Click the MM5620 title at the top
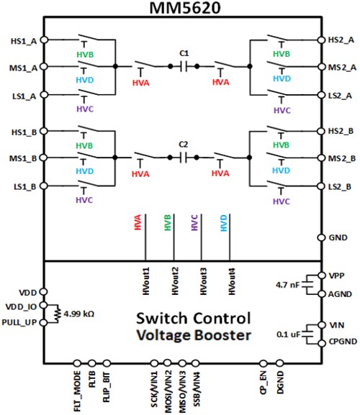pos(180,9)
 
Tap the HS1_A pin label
pos(16,40)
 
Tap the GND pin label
pos(338,237)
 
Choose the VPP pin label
pos(337,275)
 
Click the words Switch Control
pos(194,317)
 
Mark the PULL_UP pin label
pos(18,323)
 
